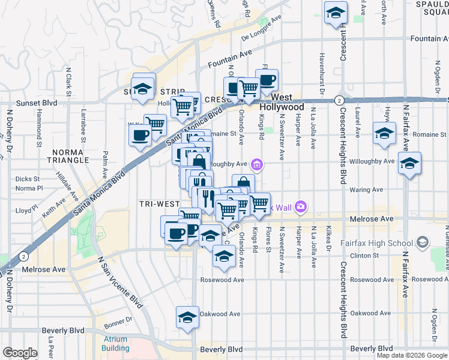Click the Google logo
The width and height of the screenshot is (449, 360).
20,353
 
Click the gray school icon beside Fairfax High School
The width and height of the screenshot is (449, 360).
423,242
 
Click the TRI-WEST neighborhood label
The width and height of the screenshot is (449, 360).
160,204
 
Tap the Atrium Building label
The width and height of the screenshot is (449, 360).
115,343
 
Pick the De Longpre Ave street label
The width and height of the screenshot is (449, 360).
261,28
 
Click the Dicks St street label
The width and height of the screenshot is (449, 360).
28,179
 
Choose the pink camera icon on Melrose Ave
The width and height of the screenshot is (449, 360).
300,207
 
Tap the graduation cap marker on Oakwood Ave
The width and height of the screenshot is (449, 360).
187,316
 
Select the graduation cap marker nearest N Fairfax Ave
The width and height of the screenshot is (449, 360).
409,163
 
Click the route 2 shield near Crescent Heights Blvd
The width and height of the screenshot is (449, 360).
339,100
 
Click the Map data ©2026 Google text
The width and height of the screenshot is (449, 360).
411,355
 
